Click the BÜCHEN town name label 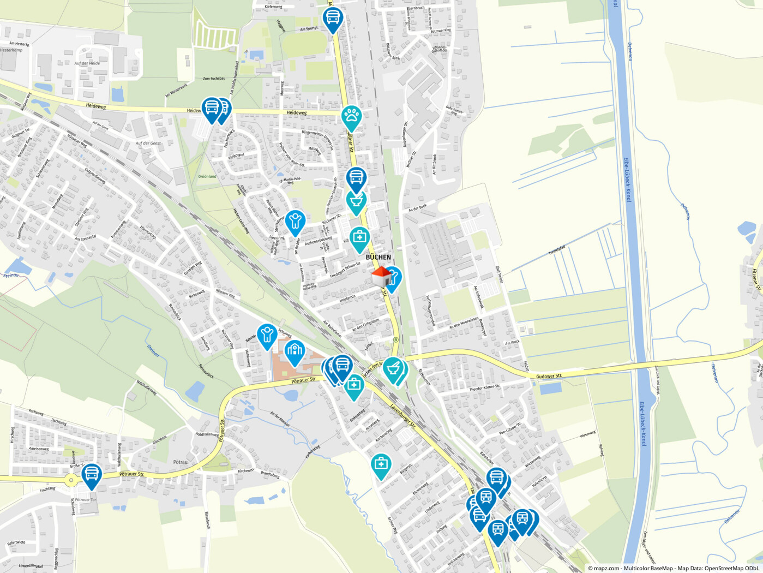click(378, 257)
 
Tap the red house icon click(381, 276)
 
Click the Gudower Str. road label click(549, 376)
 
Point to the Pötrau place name click(180, 462)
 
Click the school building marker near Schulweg click(295, 351)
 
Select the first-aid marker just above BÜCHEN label click(359, 238)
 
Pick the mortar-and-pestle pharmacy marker click(393, 369)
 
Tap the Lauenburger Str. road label click(403, 415)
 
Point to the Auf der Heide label click(87, 63)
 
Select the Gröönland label click(207, 176)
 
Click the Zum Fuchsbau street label click(214, 79)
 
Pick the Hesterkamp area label click(10, 50)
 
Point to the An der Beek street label click(418, 208)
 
